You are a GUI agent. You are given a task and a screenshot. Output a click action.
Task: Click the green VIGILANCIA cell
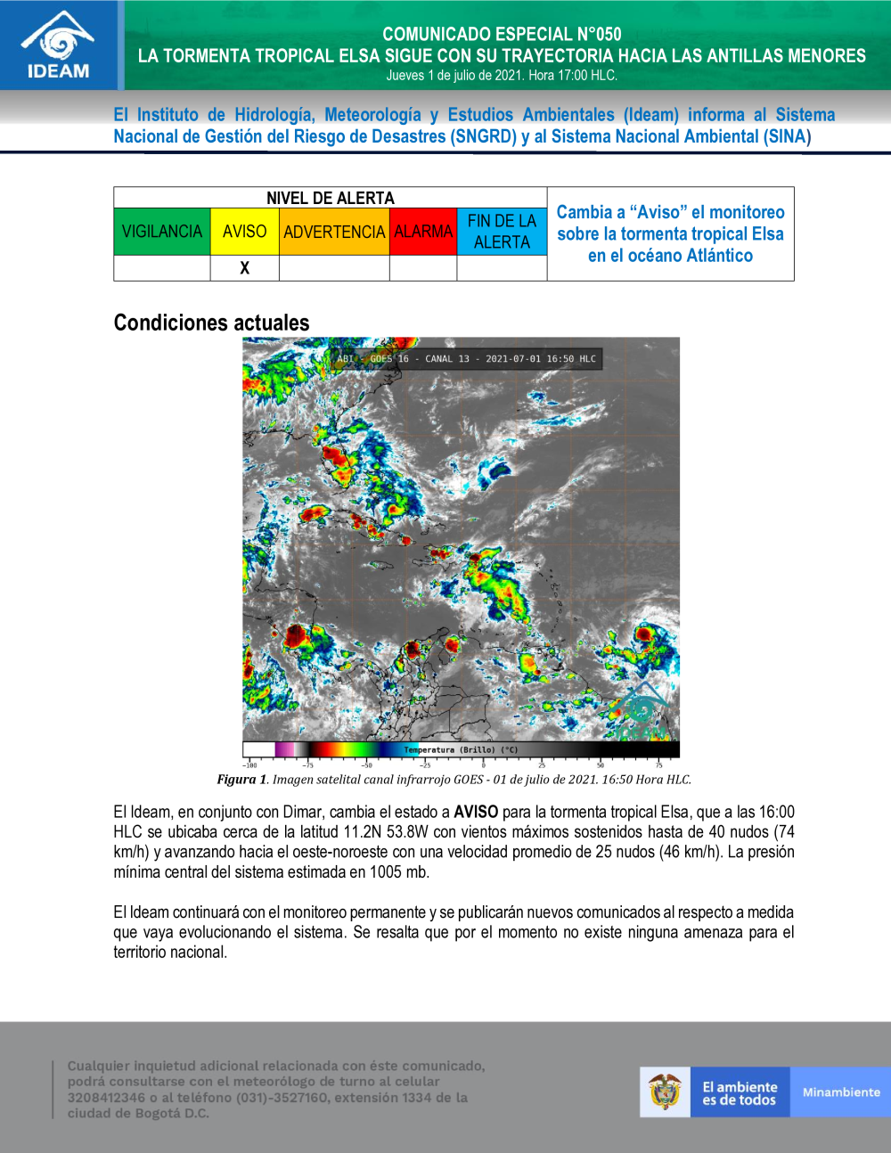pyautogui.click(x=162, y=232)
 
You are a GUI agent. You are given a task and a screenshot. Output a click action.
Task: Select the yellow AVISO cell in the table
pyautogui.click(x=244, y=232)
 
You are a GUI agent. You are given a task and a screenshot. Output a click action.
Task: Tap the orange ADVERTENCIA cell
pyautogui.click(x=334, y=232)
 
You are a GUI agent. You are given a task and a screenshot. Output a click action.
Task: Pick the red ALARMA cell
pyautogui.click(x=423, y=232)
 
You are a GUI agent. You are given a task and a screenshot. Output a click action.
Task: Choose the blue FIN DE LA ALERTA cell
pyautogui.click(x=502, y=232)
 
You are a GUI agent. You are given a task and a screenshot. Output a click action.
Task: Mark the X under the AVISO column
pyautogui.click(x=244, y=268)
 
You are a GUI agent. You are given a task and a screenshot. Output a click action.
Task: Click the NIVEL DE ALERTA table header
pyautogui.click(x=330, y=198)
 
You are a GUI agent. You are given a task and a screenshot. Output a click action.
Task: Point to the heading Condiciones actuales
pyautogui.click(x=211, y=323)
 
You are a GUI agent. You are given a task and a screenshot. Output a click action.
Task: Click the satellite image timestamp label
pyautogui.click(x=466, y=359)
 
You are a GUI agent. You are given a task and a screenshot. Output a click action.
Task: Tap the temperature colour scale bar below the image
pyautogui.click(x=461, y=749)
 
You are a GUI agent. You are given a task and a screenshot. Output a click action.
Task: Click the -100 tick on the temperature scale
pyautogui.click(x=249, y=765)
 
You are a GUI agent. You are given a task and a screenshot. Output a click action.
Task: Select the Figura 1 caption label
pyautogui.click(x=241, y=780)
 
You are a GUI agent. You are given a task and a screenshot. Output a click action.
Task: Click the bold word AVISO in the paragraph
pyautogui.click(x=476, y=812)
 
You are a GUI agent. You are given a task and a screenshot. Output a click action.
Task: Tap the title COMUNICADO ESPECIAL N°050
pyautogui.click(x=502, y=34)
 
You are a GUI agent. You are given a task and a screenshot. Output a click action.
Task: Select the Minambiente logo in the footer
pyautogui.click(x=840, y=1092)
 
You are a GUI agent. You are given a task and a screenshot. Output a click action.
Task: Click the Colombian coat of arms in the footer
pyautogui.click(x=665, y=1092)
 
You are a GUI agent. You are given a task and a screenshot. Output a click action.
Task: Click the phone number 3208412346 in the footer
pyautogui.click(x=106, y=1098)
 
